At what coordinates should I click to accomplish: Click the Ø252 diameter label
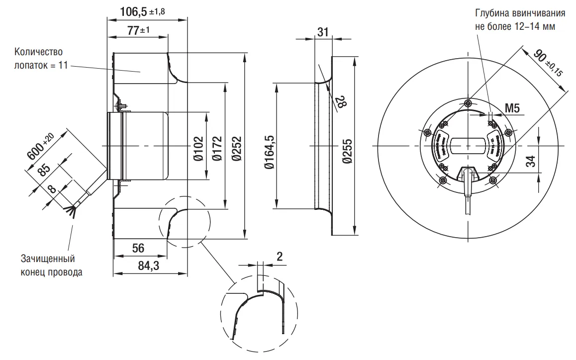point(236,148)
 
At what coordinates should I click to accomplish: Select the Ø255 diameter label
point(347,148)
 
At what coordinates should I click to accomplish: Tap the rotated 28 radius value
point(341,103)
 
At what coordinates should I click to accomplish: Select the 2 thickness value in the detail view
point(279,257)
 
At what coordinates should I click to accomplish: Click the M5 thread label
point(512,108)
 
